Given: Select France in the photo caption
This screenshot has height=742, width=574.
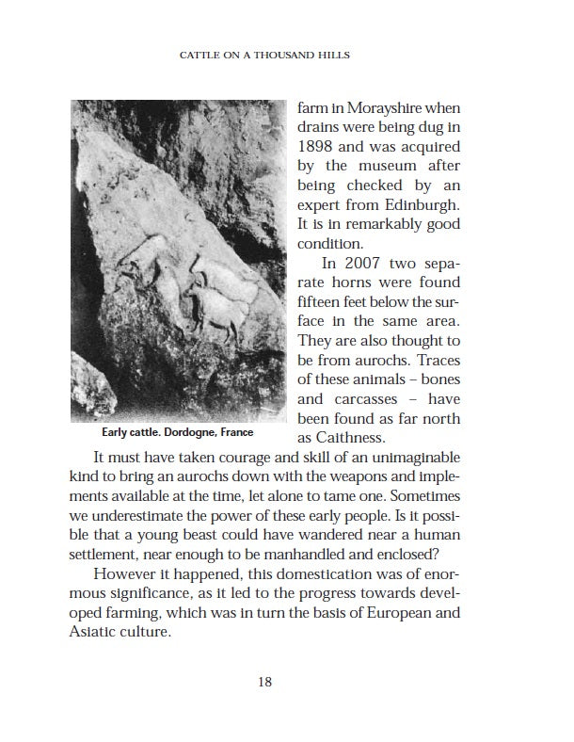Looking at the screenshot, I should click(x=235, y=434).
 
